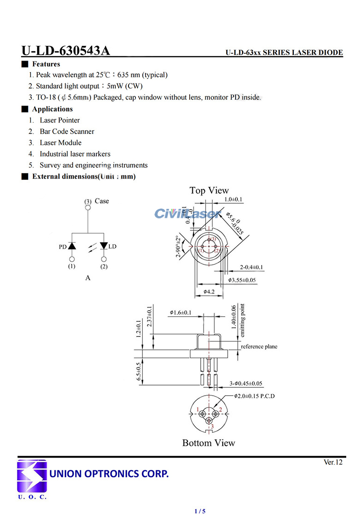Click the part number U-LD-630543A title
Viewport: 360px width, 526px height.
point(66,51)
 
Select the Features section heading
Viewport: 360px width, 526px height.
point(46,64)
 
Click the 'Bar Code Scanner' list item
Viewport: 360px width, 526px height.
point(67,132)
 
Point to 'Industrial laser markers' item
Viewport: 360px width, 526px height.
point(75,154)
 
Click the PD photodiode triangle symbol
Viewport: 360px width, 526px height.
point(72,246)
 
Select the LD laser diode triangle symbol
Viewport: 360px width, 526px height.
point(104,246)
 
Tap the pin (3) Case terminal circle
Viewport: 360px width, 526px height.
point(88,207)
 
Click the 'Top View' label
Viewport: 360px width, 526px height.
point(209,190)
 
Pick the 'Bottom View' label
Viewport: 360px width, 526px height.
point(208,443)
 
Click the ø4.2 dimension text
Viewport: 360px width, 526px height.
point(209,291)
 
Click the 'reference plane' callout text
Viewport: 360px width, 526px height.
point(259,347)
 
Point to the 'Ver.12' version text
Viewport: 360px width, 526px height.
point(333,462)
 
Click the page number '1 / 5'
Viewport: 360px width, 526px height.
point(200,511)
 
